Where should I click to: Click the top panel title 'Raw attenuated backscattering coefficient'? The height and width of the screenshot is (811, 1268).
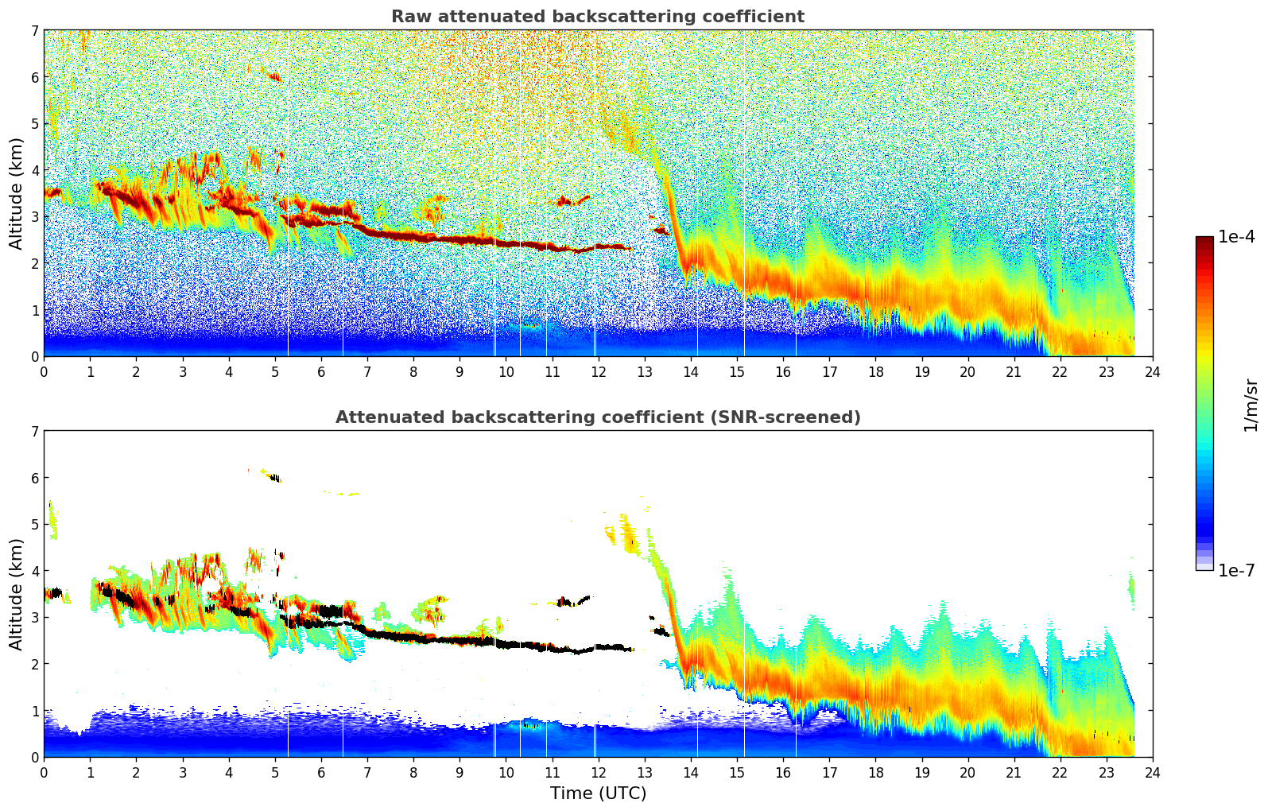coord(597,17)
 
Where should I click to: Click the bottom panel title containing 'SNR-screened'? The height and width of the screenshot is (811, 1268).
coord(597,417)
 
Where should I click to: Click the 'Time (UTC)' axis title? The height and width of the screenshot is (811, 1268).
coord(598,793)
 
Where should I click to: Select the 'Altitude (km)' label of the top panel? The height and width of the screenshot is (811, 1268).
coord(17,193)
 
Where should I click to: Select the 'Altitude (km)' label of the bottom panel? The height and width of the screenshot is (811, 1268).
coord(17,594)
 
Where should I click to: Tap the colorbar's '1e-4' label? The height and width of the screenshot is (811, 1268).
coord(1236,237)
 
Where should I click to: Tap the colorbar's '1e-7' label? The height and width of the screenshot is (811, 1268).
coord(1236,570)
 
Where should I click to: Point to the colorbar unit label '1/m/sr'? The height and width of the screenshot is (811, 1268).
coord(1251,405)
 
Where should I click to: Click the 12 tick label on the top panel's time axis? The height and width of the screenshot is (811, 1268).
coord(598,371)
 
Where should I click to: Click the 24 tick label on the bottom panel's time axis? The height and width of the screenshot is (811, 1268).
coord(1152,772)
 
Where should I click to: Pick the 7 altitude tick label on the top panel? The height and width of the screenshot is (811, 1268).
coord(35,31)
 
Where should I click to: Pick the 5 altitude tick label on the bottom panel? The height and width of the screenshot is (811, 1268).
coord(35,525)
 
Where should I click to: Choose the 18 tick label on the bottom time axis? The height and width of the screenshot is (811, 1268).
coord(875,772)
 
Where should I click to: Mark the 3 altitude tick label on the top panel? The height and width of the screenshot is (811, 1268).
coord(35,217)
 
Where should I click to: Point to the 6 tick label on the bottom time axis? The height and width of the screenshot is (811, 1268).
coord(321,772)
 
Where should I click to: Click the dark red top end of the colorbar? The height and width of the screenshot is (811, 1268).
coord(1204,240)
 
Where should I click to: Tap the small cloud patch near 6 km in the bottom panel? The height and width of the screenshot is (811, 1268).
coord(274,478)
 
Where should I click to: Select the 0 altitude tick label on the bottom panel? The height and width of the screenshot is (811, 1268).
coord(35,757)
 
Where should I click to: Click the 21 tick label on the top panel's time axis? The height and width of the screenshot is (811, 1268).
coord(1014,371)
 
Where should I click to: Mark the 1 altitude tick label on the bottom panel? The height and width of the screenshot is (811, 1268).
coord(35,711)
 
